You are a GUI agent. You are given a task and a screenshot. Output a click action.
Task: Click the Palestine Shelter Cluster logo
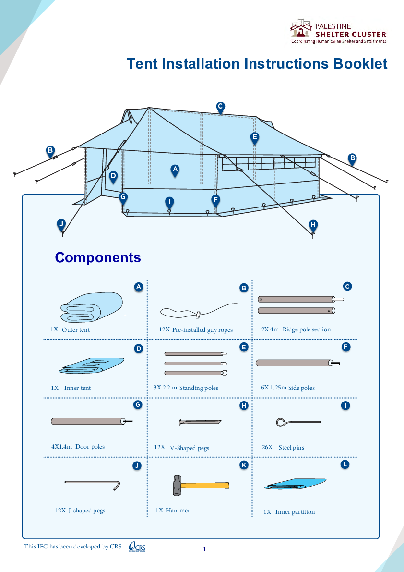(343, 32)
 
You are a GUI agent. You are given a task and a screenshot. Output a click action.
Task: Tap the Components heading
(98, 257)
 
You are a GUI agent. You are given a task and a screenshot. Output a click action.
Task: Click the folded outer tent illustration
(91, 308)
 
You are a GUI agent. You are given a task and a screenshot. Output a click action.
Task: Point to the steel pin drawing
(298, 422)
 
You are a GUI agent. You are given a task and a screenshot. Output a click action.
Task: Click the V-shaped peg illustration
(200, 422)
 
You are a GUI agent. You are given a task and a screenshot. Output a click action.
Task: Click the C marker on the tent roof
(220, 107)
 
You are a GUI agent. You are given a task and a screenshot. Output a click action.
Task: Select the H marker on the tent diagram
(313, 225)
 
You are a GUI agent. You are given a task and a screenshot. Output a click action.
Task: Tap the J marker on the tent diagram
(61, 224)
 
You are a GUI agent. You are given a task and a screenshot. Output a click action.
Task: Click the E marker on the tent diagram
(255, 137)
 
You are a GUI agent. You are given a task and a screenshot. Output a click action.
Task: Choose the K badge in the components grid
(244, 465)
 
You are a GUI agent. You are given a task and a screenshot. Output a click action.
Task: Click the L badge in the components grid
(345, 464)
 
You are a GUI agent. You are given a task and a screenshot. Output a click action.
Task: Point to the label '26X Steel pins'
(283, 447)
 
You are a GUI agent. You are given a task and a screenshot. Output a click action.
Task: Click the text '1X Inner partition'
(289, 512)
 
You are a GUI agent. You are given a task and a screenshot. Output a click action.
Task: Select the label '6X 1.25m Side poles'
(288, 388)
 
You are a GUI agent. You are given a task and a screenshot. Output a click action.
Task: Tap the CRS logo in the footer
(137, 547)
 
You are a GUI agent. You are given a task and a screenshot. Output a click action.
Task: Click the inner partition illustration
(295, 484)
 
